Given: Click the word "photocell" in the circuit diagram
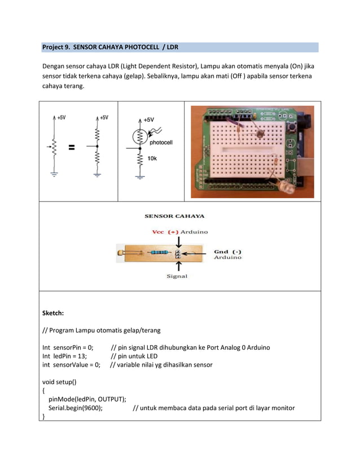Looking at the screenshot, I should (x=162, y=142).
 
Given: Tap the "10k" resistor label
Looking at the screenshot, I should (x=152, y=159).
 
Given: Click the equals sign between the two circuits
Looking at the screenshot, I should (x=72, y=148).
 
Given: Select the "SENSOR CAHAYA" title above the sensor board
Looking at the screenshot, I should (x=175, y=216).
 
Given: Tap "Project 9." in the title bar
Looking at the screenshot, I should (x=56, y=47).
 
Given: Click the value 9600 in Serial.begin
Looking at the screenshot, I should (x=90, y=408).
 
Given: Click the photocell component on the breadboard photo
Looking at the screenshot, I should (x=260, y=134).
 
